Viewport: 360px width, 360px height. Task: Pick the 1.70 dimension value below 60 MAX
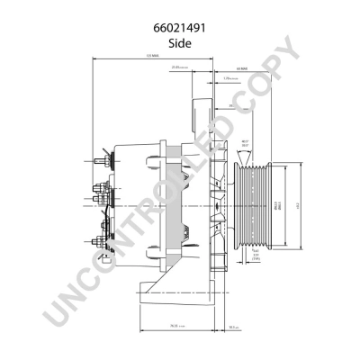[229, 79]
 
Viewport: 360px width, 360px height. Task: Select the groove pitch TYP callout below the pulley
[255, 256]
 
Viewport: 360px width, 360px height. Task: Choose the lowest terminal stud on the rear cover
[97, 240]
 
